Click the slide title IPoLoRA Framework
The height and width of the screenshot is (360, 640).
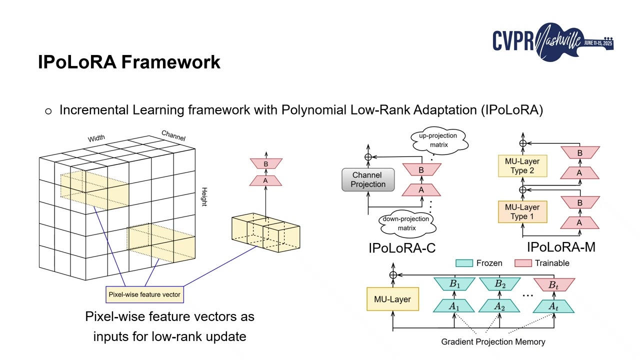pyautogui.click(x=129, y=62)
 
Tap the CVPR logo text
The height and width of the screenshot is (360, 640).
pyautogui.click(x=512, y=41)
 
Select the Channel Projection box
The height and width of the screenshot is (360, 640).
pyautogui.click(x=368, y=180)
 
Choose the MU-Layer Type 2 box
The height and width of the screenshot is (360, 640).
pyautogui.click(x=522, y=166)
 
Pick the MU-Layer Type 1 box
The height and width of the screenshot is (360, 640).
pyautogui.click(x=522, y=211)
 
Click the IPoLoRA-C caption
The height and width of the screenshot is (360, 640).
pyautogui.click(x=402, y=248)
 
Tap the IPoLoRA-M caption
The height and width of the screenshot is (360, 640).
pyautogui.click(x=561, y=247)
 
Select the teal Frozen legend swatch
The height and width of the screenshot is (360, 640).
pyautogui.click(x=464, y=263)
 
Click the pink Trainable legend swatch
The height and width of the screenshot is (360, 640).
pyautogui.click(x=523, y=263)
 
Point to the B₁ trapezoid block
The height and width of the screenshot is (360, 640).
pyautogui.click(x=454, y=284)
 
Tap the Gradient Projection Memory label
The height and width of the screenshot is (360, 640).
pyautogui.click(x=492, y=342)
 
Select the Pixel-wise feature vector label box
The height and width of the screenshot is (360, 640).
pyautogui.click(x=144, y=294)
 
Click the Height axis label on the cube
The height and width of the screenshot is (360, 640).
pyautogui.click(x=204, y=196)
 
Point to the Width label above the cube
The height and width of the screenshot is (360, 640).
pyautogui.click(x=96, y=138)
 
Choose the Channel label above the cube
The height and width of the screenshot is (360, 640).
pyautogui.click(x=173, y=135)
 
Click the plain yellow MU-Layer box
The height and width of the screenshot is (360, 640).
pyautogui.click(x=392, y=299)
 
